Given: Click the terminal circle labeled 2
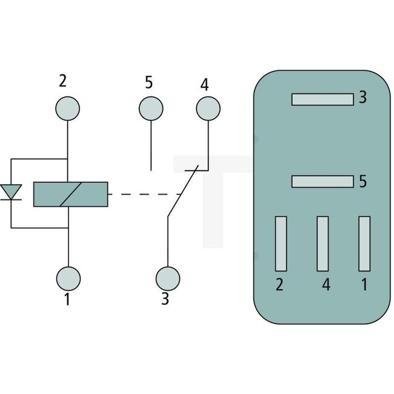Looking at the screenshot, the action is [67, 109].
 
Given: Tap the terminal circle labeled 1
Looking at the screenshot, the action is [68, 278].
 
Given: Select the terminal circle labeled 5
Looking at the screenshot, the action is [151, 109].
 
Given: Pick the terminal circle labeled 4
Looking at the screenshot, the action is [208, 109].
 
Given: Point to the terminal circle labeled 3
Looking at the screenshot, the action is [168, 278].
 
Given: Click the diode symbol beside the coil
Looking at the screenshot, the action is [12, 193].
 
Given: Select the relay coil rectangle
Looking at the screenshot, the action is [70, 194].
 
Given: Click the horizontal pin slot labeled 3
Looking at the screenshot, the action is [322, 99].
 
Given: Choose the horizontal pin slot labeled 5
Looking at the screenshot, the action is [322, 181].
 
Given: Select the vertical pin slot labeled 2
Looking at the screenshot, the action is [281, 244].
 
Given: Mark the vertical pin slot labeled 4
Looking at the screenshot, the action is [322, 244].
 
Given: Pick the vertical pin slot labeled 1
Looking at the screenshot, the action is [364, 244].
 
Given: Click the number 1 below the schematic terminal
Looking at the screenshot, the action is [67, 299].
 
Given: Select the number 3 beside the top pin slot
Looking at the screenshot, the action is [362, 97].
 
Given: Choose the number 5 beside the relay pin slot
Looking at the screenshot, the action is [362, 181].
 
